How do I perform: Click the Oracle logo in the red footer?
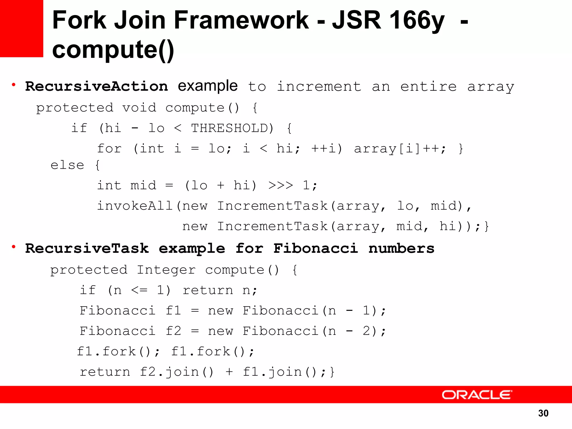[477, 395]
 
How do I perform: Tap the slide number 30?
[543, 413]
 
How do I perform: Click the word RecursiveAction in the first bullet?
[97, 86]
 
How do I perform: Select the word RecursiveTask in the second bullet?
[87, 248]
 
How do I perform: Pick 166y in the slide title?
[416, 20]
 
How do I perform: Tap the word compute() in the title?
[113, 50]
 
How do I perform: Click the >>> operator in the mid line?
[280, 185]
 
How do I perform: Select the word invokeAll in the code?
[135, 206]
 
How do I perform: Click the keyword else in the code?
[67, 165]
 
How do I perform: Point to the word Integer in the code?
[166, 270]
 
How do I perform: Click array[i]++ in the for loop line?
[399, 149]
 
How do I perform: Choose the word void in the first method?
[139, 108]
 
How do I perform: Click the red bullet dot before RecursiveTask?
[13, 247]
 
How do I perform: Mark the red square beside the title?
[22, 28]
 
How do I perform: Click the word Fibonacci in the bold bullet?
[316, 248]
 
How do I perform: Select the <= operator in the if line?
[139, 290]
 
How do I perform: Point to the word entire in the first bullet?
[428, 86]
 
